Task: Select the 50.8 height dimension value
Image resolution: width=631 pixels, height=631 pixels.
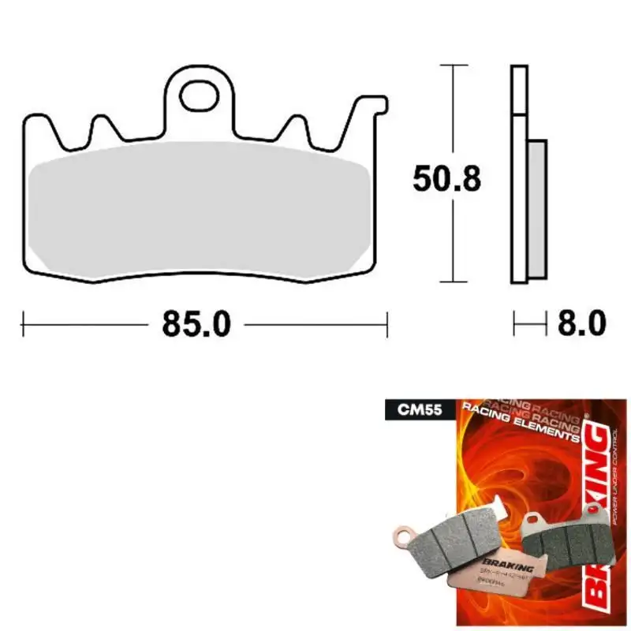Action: (x=446, y=180)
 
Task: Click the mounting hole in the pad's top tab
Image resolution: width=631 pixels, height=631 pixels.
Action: (x=199, y=97)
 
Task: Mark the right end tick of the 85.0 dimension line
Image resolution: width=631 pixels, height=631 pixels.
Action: (x=386, y=323)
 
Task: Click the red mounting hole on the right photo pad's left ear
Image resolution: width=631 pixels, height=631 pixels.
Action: (x=533, y=520)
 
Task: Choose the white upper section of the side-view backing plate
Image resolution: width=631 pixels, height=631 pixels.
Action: (x=518, y=90)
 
